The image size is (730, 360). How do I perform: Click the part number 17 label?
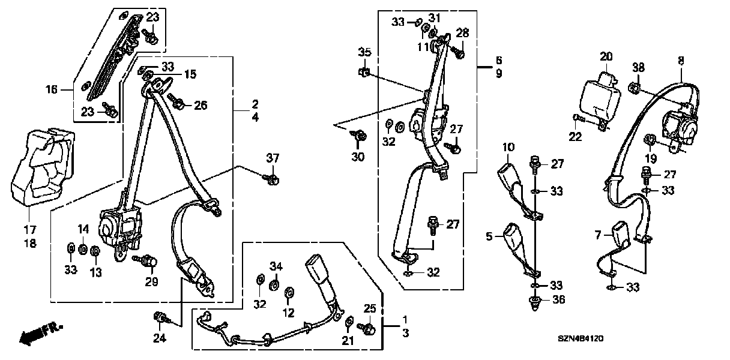pyautogui.click(x=29, y=230)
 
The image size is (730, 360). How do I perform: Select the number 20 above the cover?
pyautogui.click(x=606, y=56)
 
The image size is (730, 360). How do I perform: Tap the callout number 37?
pyautogui.click(x=273, y=158)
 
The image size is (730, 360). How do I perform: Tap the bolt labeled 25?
pyautogui.click(x=367, y=329)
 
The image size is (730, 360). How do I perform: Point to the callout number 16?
pyautogui.click(x=52, y=90)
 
